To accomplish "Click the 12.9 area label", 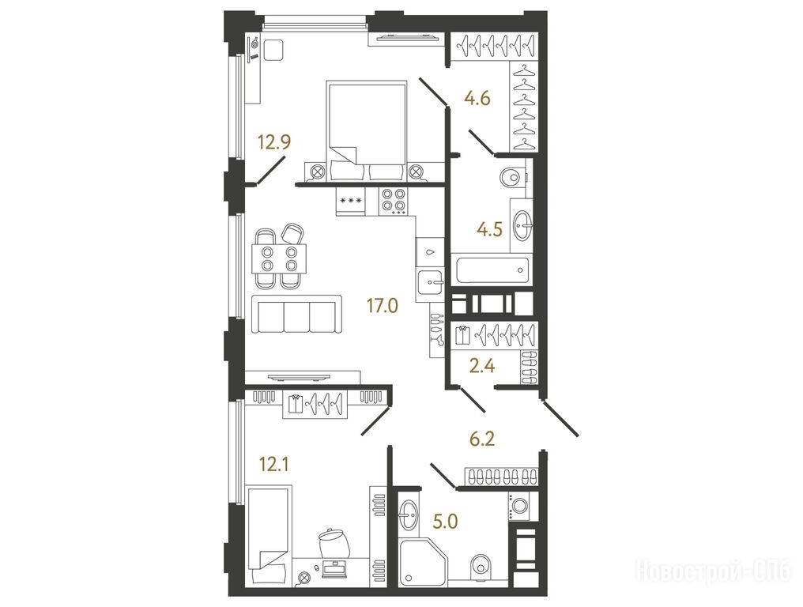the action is pos(274,141).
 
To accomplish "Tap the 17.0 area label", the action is pos(382,306).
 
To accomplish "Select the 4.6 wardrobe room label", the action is pos(477,97).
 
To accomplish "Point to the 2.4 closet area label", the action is pos(482,366).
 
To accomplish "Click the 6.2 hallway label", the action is pos(482,439).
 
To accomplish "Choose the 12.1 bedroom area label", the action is pos(274,465).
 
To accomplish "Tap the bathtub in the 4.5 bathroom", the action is pos(492,270).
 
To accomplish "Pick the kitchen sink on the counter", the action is pos(430,281).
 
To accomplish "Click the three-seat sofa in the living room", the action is pos(296,314).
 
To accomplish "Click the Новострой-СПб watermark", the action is pos(714,570).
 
